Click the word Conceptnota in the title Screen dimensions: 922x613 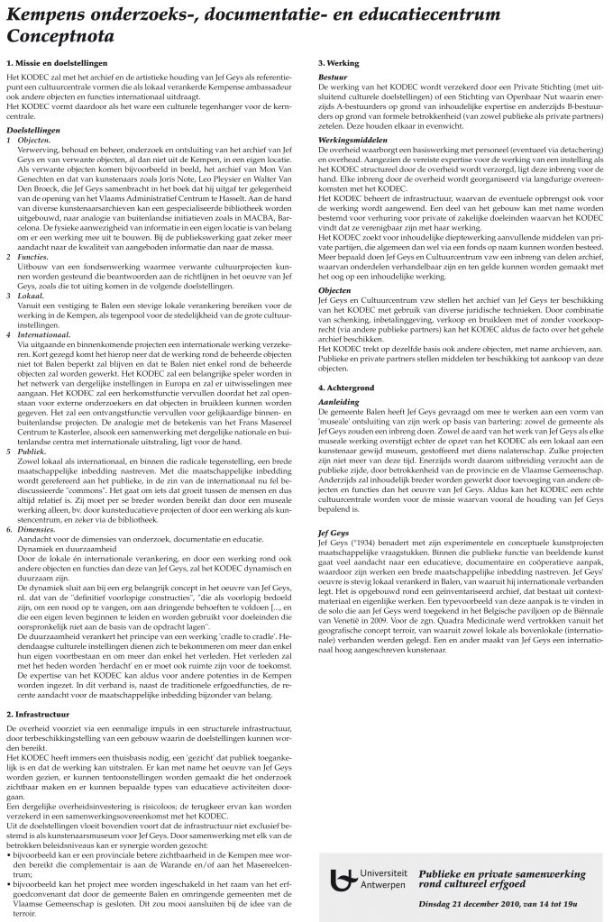coord(60,36)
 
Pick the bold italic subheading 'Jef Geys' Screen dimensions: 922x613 coord(334,532)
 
